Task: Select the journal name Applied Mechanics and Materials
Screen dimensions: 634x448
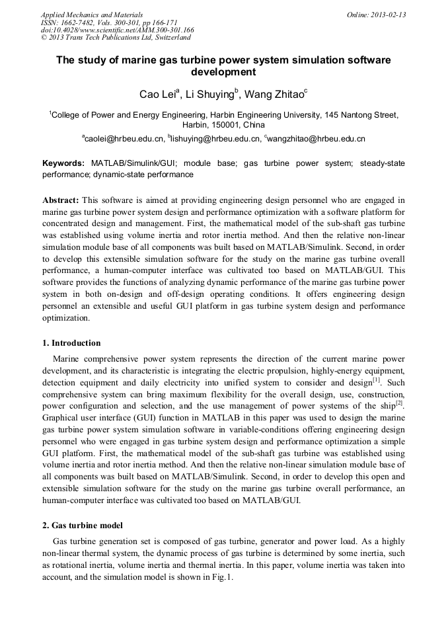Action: [x=91, y=15]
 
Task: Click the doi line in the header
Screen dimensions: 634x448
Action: [x=117, y=30]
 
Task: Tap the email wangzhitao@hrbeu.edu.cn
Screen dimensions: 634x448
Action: [x=316, y=139]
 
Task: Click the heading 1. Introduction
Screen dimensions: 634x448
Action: [x=71, y=343]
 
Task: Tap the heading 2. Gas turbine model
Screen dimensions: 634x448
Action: [x=83, y=526]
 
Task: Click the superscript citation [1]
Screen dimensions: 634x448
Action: [x=376, y=380]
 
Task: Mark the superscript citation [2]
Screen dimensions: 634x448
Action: [x=399, y=403]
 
